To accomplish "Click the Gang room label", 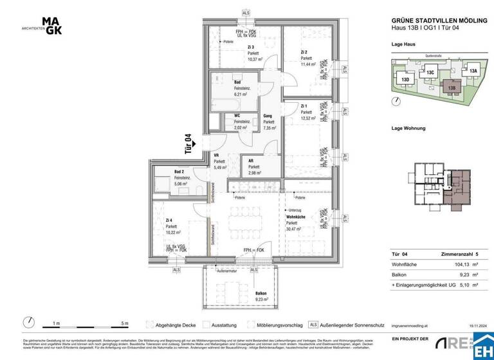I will (x=268, y=116).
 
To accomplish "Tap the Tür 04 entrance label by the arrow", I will (x=188, y=144).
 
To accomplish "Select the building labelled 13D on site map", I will (x=405, y=79).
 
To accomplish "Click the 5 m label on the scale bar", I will (x=124, y=323).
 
